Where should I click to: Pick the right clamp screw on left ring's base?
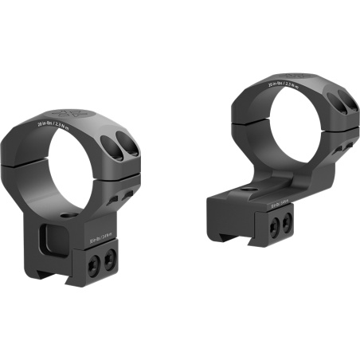click(x=110, y=256)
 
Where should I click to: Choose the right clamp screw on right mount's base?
click(x=286, y=223)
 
